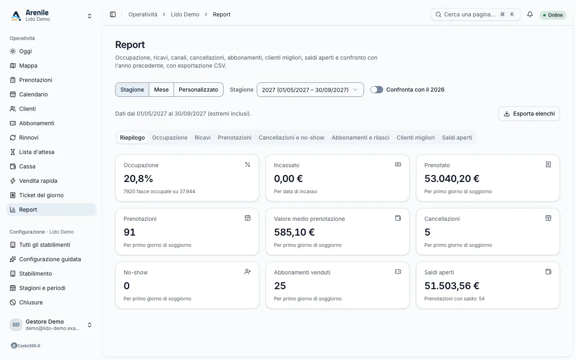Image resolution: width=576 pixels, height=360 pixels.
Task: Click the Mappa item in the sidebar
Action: click(x=28, y=66)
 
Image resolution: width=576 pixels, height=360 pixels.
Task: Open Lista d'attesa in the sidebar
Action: click(x=36, y=152)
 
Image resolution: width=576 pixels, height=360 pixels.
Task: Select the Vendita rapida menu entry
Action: click(x=38, y=181)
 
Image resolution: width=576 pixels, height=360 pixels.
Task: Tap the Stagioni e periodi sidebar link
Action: click(x=42, y=288)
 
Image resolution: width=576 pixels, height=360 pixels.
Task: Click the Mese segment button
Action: click(x=161, y=90)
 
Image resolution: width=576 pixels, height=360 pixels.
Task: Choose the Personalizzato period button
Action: click(x=198, y=90)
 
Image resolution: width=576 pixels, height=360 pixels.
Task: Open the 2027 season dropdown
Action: click(x=310, y=90)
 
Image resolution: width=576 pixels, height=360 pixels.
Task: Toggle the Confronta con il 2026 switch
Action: click(x=377, y=90)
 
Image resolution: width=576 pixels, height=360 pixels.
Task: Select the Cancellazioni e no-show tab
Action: click(x=291, y=138)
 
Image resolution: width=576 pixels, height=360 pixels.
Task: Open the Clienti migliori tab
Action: click(x=416, y=138)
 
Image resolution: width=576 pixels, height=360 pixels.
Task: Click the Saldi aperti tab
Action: click(x=457, y=138)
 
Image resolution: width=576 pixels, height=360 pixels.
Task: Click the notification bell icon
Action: click(x=530, y=14)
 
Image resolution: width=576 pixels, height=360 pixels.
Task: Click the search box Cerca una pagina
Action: click(x=476, y=14)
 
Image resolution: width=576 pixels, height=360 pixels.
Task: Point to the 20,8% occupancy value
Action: click(x=138, y=178)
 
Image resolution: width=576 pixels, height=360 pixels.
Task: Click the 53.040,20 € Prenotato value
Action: click(x=452, y=178)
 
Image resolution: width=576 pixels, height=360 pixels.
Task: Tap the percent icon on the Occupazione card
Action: click(x=247, y=164)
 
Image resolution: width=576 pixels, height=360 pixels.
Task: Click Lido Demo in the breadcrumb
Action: click(x=185, y=14)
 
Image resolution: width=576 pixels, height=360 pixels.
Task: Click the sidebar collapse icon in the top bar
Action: click(x=113, y=14)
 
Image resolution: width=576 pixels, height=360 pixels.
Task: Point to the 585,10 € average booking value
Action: click(x=294, y=232)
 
